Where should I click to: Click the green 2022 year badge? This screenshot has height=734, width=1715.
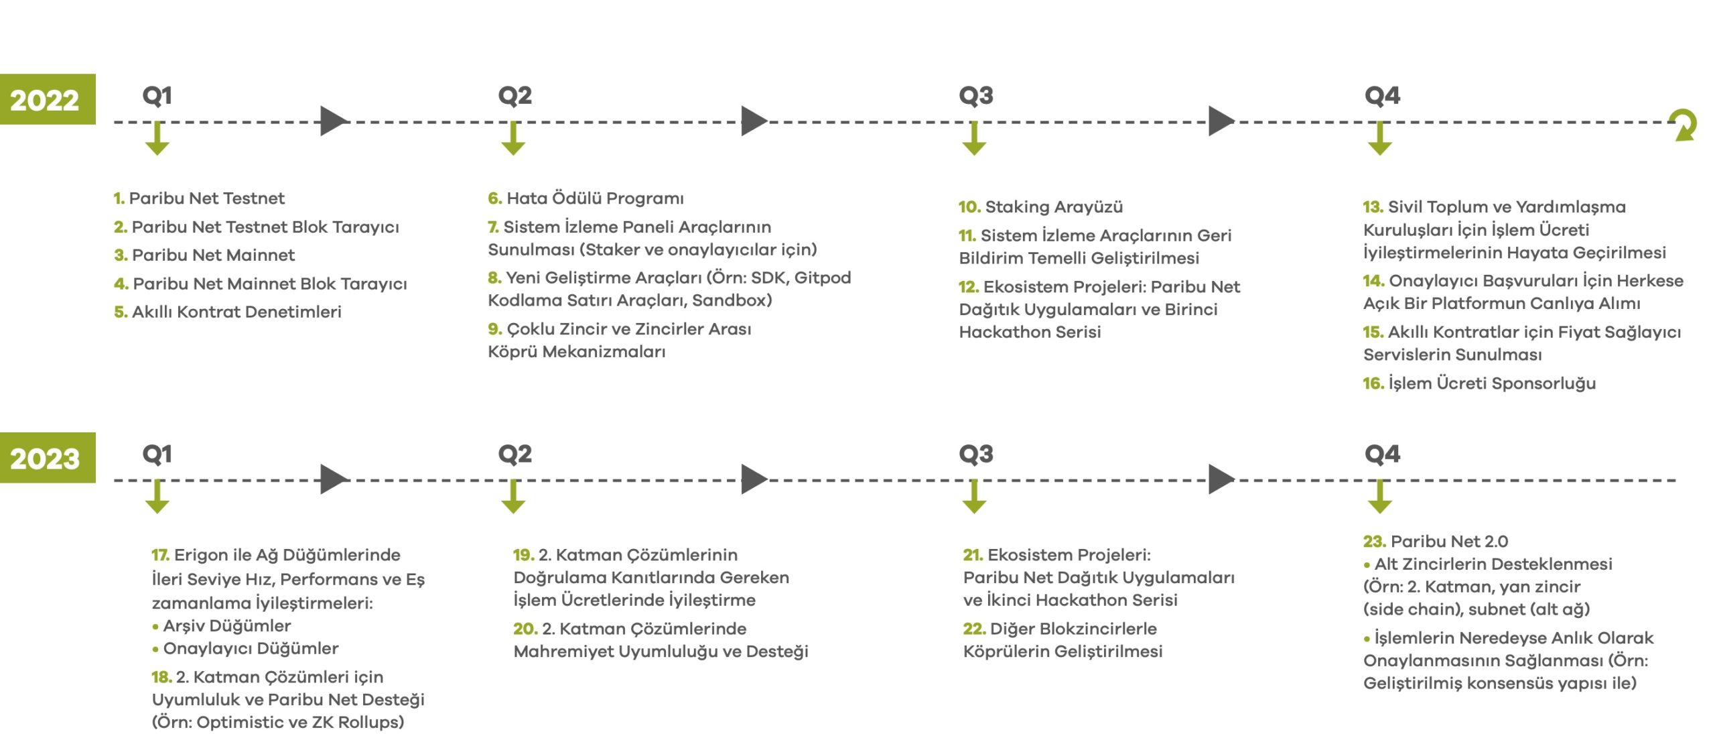47,99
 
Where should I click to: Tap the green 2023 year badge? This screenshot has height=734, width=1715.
47,458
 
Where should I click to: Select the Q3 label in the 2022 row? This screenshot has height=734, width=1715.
975,95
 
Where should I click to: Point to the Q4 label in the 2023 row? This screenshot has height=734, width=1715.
1382,454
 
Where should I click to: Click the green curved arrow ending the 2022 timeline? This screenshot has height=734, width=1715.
1684,125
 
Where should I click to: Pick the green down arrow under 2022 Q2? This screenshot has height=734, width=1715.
513,138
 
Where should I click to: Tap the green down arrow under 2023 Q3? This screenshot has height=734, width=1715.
974,497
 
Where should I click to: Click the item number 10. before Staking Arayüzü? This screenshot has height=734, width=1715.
969,207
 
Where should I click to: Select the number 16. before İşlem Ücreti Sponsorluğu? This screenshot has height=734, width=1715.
1373,383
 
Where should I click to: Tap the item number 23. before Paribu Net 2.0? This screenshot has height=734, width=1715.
1374,542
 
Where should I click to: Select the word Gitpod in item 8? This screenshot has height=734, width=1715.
822,278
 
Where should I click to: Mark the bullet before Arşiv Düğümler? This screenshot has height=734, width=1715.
155,627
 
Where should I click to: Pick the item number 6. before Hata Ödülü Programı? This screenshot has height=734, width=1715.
494,198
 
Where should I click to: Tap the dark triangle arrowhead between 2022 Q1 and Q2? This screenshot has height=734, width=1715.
333,121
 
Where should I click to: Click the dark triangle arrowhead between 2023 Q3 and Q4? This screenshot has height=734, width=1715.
1221,480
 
